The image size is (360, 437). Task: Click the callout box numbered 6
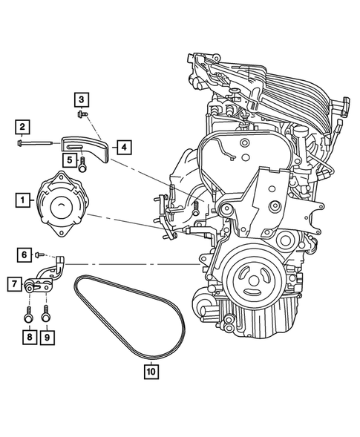pos(24,254)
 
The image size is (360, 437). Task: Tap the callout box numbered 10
pos(151,369)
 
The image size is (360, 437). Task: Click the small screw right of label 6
pos(39,254)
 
